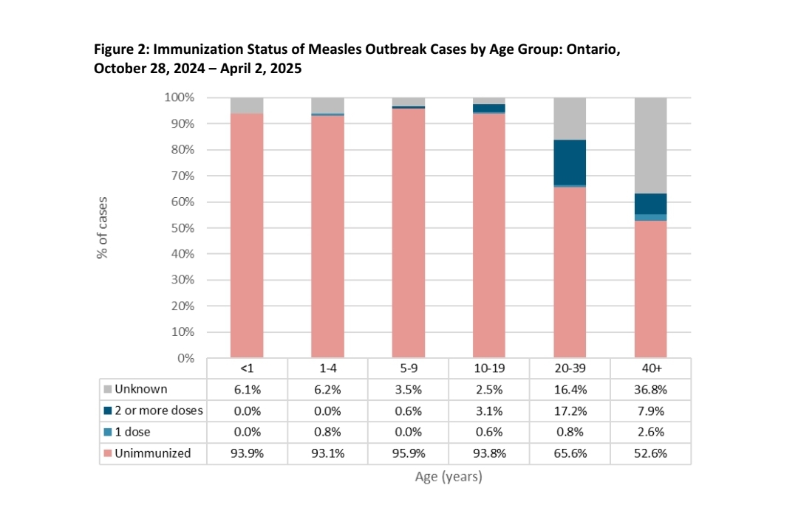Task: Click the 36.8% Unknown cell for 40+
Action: pyautogui.click(x=650, y=389)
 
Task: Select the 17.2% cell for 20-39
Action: pyautogui.click(x=570, y=410)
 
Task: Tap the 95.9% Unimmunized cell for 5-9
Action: pyautogui.click(x=409, y=453)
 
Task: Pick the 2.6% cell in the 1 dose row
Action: pyautogui.click(x=650, y=432)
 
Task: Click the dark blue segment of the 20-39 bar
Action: pyautogui.click(x=570, y=162)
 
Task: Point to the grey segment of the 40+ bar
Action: pyautogui.click(x=650, y=145)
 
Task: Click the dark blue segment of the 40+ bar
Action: pyautogui.click(x=650, y=204)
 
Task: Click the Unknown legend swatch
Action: pyautogui.click(x=108, y=389)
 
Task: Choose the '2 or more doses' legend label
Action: pyautogui.click(x=158, y=410)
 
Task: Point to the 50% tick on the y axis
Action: pyautogui.click(x=184, y=228)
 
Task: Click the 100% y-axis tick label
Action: pyautogui.click(x=180, y=97)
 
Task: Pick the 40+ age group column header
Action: pyautogui.click(x=650, y=368)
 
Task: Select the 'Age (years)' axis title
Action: pyautogui.click(x=448, y=477)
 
